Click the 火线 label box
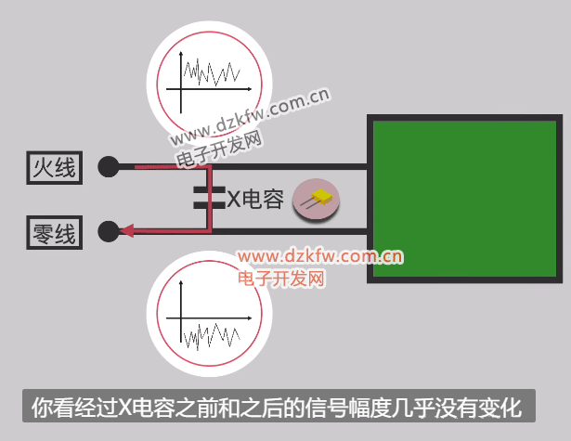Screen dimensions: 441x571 (x=54, y=167)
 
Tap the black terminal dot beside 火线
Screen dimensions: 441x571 (x=110, y=167)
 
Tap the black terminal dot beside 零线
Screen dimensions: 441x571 (x=110, y=230)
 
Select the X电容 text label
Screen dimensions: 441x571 (x=255, y=198)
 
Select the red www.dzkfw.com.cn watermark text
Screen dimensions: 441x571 (x=318, y=257)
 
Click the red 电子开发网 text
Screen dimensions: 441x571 (x=279, y=278)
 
